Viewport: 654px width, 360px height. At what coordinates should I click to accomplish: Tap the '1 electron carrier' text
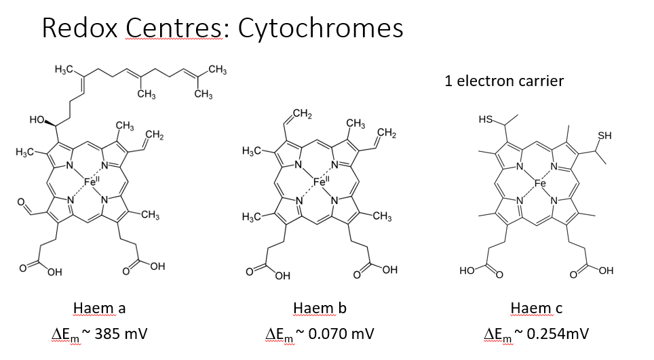[x=504, y=81]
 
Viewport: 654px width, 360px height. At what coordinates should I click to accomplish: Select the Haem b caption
[x=320, y=308]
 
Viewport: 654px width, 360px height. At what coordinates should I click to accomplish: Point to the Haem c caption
[x=536, y=308]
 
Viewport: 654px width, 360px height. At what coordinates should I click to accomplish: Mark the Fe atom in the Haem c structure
[x=540, y=183]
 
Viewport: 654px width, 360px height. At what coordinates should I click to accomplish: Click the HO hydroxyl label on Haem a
[x=37, y=120]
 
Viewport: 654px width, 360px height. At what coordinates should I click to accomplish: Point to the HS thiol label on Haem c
[x=486, y=120]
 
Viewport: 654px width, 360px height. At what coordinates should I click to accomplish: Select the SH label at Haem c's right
[x=604, y=135]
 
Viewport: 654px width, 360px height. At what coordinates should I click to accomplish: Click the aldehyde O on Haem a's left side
[x=21, y=202]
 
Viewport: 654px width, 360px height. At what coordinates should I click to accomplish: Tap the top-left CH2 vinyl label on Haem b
[x=303, y=113]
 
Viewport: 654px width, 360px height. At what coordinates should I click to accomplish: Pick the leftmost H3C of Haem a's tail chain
[x=64, y=70]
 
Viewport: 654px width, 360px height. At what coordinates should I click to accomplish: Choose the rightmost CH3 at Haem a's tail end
[x=217, y=69]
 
